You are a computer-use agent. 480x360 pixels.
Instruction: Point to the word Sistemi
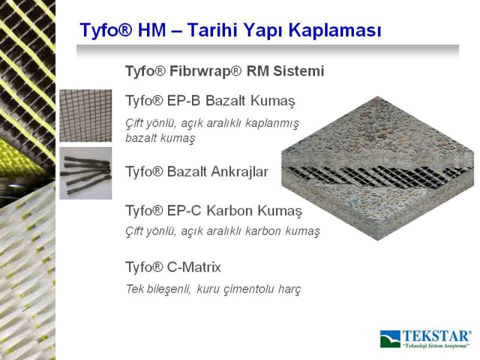pos(299,71)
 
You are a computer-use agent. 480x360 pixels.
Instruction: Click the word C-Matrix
pos(194,267)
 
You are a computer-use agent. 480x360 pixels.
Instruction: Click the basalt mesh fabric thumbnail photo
pos(86,116)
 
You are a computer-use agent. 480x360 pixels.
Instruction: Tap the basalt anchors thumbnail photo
pos(86,173)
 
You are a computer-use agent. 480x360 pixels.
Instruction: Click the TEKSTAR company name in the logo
pos(436,336)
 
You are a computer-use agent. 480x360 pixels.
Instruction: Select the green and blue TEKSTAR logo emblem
pos(390,339)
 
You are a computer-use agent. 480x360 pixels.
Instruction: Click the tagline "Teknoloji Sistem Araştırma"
pos(436,346)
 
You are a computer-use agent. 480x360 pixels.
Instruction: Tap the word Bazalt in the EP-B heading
pos(226,100)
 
